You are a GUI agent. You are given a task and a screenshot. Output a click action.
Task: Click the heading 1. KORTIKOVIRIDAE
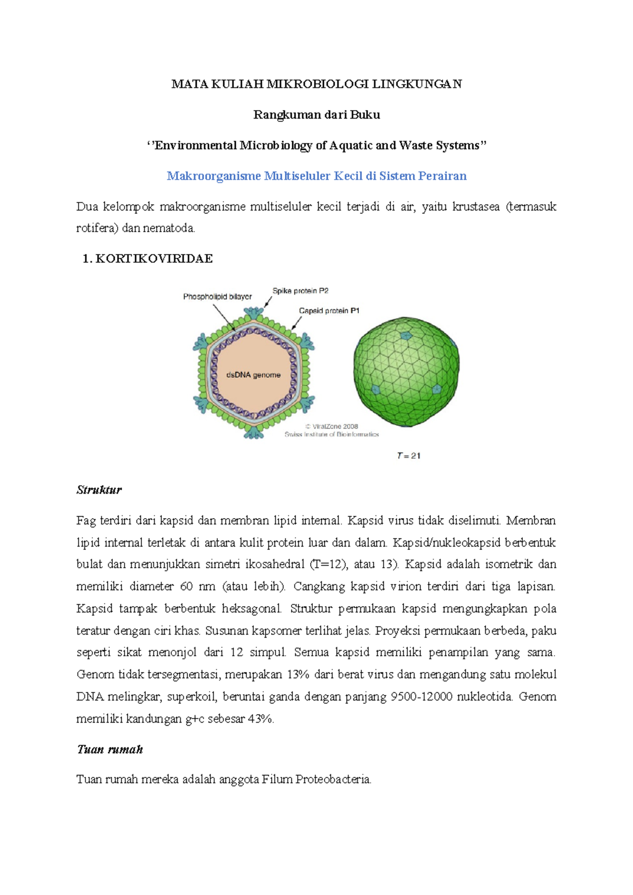click(x=148, y=259)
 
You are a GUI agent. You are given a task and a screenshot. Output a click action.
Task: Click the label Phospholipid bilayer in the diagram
click(x=217, y=297)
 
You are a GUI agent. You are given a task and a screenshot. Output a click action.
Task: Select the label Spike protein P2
click(x=300, y=291)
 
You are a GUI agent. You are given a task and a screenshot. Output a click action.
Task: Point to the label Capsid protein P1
click(x=329, y=311)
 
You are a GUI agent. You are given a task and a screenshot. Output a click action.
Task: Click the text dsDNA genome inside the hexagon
click(x=253, y=375)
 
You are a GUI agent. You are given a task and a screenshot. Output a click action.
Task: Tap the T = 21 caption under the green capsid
click(x=409, y=456)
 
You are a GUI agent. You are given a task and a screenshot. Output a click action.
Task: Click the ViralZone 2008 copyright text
click(x=332, y=426)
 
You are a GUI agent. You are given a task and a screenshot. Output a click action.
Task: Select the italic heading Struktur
click(x=99, y=490)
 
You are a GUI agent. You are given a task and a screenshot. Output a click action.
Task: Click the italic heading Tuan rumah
click(x=110, y=750)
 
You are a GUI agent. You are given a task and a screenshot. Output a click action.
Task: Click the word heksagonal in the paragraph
click(x=251, y=609)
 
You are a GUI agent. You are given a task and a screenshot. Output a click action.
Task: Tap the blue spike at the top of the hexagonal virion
click(x=254, y=312)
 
